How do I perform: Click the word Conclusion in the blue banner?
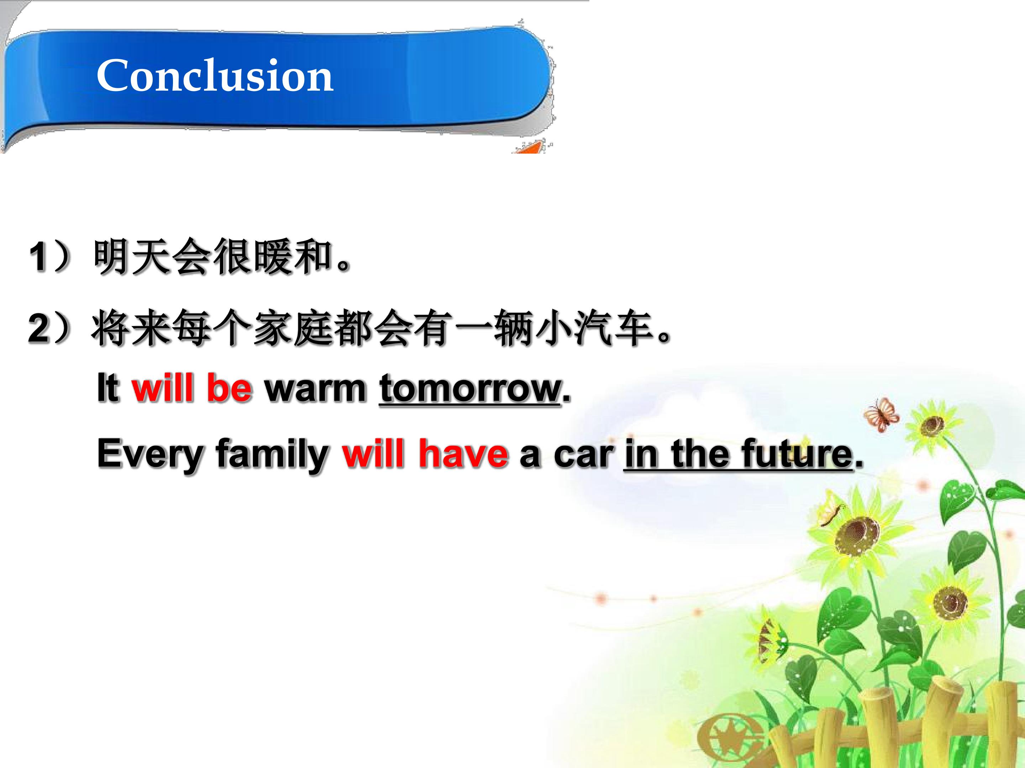pos(215,75)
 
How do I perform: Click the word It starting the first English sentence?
pos(108,388)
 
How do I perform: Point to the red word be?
pos(229,388)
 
